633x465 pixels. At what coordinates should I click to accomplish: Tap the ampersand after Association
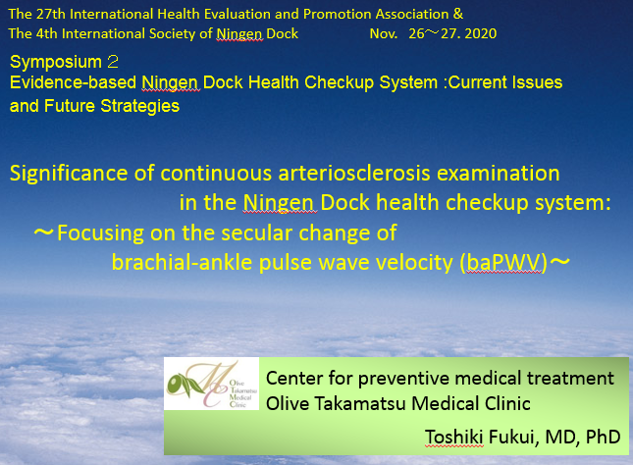pyautogui.click(x=458, y=14)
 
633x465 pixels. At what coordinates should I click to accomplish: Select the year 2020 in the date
pyautogui.click(x=481, y=33)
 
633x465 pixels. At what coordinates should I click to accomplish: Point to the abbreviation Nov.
pyautogui.click(x=384, y=33)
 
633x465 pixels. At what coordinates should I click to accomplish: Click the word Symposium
pyautogui.click(x=56, y=62)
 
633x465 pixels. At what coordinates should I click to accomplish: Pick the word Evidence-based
pyautogui.click(x=73, y=82)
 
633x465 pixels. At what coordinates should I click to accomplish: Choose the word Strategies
pyautogui.click(x=139, y=106)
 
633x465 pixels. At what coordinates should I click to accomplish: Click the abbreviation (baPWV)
pyautogui.click(x=503, y=263)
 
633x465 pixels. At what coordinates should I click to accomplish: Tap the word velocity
pyautogui.click(x=414, y=262)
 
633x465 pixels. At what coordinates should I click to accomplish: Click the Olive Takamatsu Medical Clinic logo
pyautogui.click(x=212, y=384)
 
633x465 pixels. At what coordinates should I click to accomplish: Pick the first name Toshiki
pyautogui.click(x=454, y=437)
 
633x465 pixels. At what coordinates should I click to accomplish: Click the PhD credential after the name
pyautogui.click(x=604, y=437)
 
